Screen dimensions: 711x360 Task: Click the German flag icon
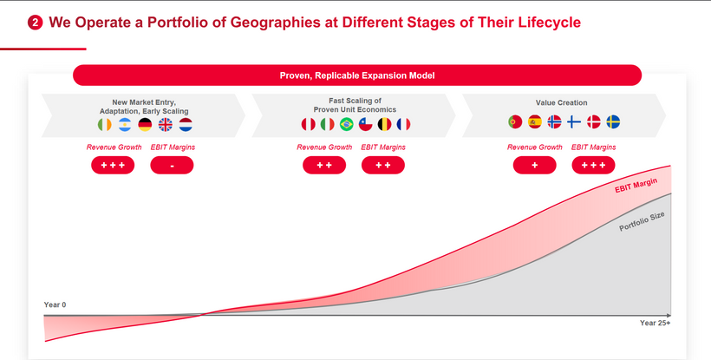coord(145,125)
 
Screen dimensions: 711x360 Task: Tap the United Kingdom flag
coord(165,125)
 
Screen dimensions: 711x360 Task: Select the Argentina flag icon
coord(125,125)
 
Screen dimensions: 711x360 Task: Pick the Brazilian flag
coord(347,124)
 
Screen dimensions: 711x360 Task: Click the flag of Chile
coord(366,124)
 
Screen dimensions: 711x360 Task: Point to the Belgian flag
coord(384,124)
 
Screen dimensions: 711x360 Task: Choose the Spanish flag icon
coord(535,122)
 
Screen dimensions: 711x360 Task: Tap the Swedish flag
coord(613,122)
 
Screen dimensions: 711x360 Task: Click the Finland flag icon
coord(574,122)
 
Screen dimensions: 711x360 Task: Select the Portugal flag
coord(515,122)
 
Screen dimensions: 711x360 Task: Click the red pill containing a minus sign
coord(172,166)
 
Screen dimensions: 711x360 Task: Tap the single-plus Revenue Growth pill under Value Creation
coord(535,166)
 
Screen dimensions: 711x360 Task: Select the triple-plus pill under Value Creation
coord(594,166)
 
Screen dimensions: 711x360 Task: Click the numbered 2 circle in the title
coord(35,23)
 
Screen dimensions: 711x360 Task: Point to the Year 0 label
coord(55,304)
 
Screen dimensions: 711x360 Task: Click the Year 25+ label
coord(655,323)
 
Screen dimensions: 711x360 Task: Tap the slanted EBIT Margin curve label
coord(636,185)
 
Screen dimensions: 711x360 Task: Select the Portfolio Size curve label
coord(643,221)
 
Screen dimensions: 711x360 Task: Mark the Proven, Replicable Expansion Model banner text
coord(357,75)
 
